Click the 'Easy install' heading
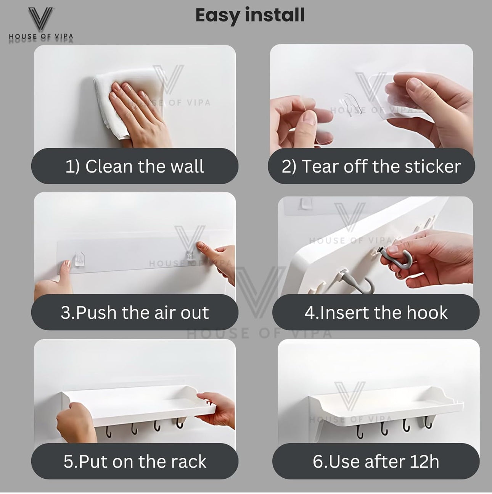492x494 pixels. (x=250, y=15)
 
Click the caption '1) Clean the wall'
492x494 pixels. (x=135, y=166)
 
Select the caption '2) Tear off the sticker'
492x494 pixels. (x=371, y=166)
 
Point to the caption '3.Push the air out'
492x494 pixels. (x=135, y=313)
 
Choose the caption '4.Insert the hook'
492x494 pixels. (x=376, y=313)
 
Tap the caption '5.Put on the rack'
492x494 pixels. (x=135, y=462)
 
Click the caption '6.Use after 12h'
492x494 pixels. (x=376, y=462)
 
